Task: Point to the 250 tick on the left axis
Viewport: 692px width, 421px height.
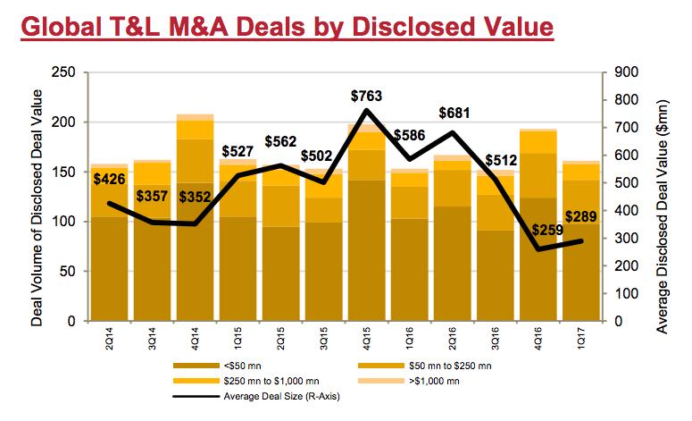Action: click(63, 72)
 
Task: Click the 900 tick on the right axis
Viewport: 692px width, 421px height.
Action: click(622, 72)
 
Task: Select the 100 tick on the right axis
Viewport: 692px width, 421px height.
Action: click(622, 293)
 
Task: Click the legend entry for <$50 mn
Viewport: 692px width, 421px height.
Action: click(245, 366)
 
